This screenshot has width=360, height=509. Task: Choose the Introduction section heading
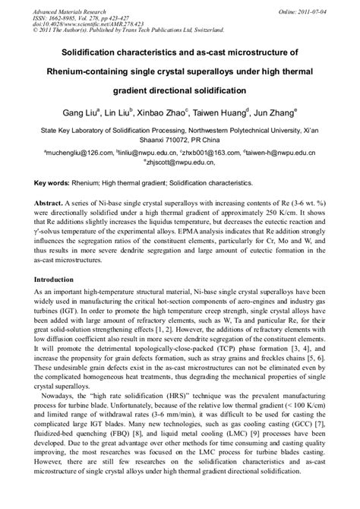(x=63, y=280)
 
